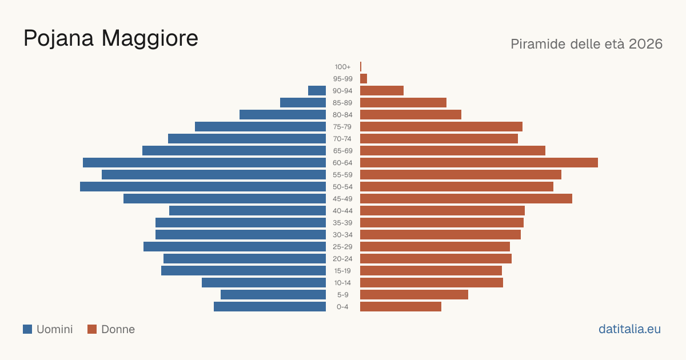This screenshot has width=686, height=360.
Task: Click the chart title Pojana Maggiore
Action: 111,39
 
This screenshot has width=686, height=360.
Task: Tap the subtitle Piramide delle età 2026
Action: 587,44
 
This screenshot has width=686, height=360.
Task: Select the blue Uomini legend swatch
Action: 27,329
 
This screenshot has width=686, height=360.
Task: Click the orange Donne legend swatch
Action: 92,329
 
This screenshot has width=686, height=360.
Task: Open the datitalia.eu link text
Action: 629,329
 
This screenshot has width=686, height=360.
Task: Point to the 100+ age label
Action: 342,67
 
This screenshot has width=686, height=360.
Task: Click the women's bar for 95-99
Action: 364,79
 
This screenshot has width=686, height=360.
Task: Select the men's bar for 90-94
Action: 317,91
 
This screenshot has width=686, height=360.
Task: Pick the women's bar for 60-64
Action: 479,162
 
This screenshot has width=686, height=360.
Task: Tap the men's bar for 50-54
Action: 203,187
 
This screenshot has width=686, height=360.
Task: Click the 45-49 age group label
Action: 342,199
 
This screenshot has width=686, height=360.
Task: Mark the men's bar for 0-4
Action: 270,307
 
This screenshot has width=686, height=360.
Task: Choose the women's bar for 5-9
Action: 414,295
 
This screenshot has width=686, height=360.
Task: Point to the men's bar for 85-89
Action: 303,102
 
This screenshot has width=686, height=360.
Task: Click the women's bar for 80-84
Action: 410,115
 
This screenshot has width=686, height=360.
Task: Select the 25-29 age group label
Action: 342,247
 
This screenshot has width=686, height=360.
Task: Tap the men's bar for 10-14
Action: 264,282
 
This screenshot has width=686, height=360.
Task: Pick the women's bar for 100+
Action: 361,67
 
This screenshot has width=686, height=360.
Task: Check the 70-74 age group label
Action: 342,139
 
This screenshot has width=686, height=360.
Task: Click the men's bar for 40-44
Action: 248,211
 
